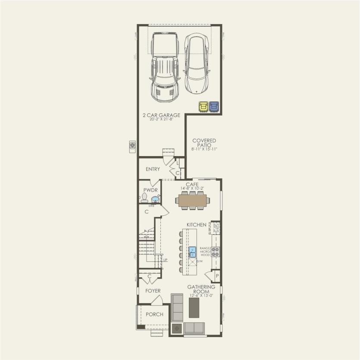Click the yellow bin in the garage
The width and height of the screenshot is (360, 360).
click(x=203, y=106)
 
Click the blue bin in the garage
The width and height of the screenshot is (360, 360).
click(x=213, y=106)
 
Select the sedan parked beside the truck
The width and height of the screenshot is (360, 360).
click(x=197, y=64)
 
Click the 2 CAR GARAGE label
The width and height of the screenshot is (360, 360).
click(x=162, y=115)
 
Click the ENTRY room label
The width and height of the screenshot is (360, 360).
click(x=153, y=169)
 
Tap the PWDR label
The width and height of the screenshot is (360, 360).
click(x=150, y=190)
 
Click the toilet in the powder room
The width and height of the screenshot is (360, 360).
click(x=144, y=198)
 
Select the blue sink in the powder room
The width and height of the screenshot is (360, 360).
click(x=154, y=200)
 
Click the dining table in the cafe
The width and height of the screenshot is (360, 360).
click(x=192, y=200)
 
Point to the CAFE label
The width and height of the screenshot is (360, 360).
click(x=192, y=184)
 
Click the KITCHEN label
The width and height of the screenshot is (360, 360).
click(x=197, y=225)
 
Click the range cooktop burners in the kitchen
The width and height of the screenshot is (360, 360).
click(x=215, y=252)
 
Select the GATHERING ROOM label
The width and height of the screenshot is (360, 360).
click(x=201, y=289)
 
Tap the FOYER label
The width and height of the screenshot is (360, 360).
click(x=153, y=291)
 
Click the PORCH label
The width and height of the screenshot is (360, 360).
click(x=154, y=314)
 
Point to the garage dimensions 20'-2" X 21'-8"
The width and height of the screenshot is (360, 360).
click(x=162, y=119)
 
